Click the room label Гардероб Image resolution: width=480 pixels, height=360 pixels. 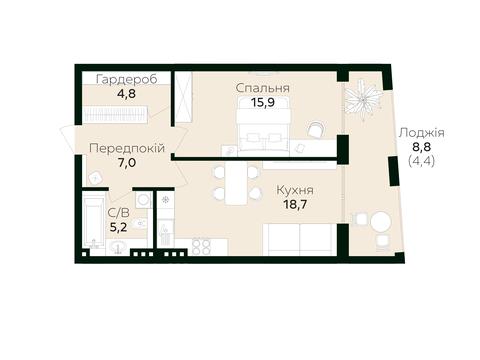(x=126, y=80)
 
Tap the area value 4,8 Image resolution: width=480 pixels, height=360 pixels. (x=126, y=94)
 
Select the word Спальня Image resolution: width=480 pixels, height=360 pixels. (x=263, y=88)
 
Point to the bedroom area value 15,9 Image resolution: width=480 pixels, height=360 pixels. (x=263, y=102)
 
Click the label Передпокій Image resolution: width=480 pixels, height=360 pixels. (x=127, y=148)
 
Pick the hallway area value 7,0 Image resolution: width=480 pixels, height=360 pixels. (x=127, y=163)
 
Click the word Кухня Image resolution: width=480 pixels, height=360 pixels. (x=295, y=190)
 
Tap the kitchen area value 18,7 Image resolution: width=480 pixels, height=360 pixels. (x=295, y=204)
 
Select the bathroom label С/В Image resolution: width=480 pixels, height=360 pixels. (x=119, y=213)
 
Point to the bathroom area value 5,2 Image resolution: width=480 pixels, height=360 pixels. (x=119, y=227)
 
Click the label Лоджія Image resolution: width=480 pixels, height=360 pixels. (x=422, y=133)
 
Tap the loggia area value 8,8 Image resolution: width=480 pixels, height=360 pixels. (x=422, y=146)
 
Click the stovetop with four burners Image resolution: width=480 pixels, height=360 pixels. (x=201, y=247)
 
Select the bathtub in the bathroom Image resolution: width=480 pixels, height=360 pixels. (x=93, y=221)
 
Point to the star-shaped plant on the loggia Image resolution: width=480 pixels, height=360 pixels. (x=363, y=98)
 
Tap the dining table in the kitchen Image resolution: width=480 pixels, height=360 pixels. (x=235, y=183)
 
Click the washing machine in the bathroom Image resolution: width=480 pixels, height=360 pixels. (x=144, y=200)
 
